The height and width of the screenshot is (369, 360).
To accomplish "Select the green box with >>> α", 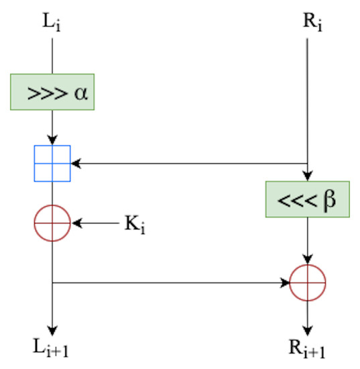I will click(x=52, y=93).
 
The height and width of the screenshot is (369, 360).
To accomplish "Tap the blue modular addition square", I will click(x=52, y=163).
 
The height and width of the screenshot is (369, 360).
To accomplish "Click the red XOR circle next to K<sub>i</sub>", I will click(x=52, y=223).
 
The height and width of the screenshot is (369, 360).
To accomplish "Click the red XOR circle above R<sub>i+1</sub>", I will click(x=307, y=283).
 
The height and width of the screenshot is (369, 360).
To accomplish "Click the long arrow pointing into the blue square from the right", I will click(x=188, y=163).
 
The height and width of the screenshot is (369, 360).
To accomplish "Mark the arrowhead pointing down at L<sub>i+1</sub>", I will click(x=52, y=329).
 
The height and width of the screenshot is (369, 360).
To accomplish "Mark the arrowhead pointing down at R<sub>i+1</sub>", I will click(x=307, y=329).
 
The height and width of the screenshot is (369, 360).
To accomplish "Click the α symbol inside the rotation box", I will click(x=81, y=93).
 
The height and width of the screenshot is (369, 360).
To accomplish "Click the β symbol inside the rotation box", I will click(x=328, y=200).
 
